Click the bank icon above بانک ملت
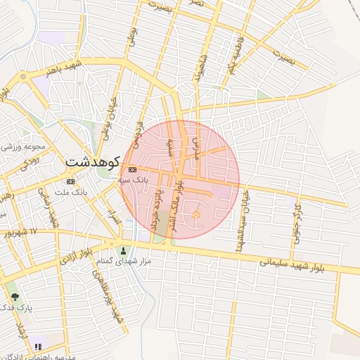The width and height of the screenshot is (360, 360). pyautogui.click(x=70, y=181)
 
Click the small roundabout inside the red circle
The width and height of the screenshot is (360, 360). pyautogui.click(x=196, y=214)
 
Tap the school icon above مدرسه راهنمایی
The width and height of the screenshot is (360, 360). pyautogui.click(x=37, y=347)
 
